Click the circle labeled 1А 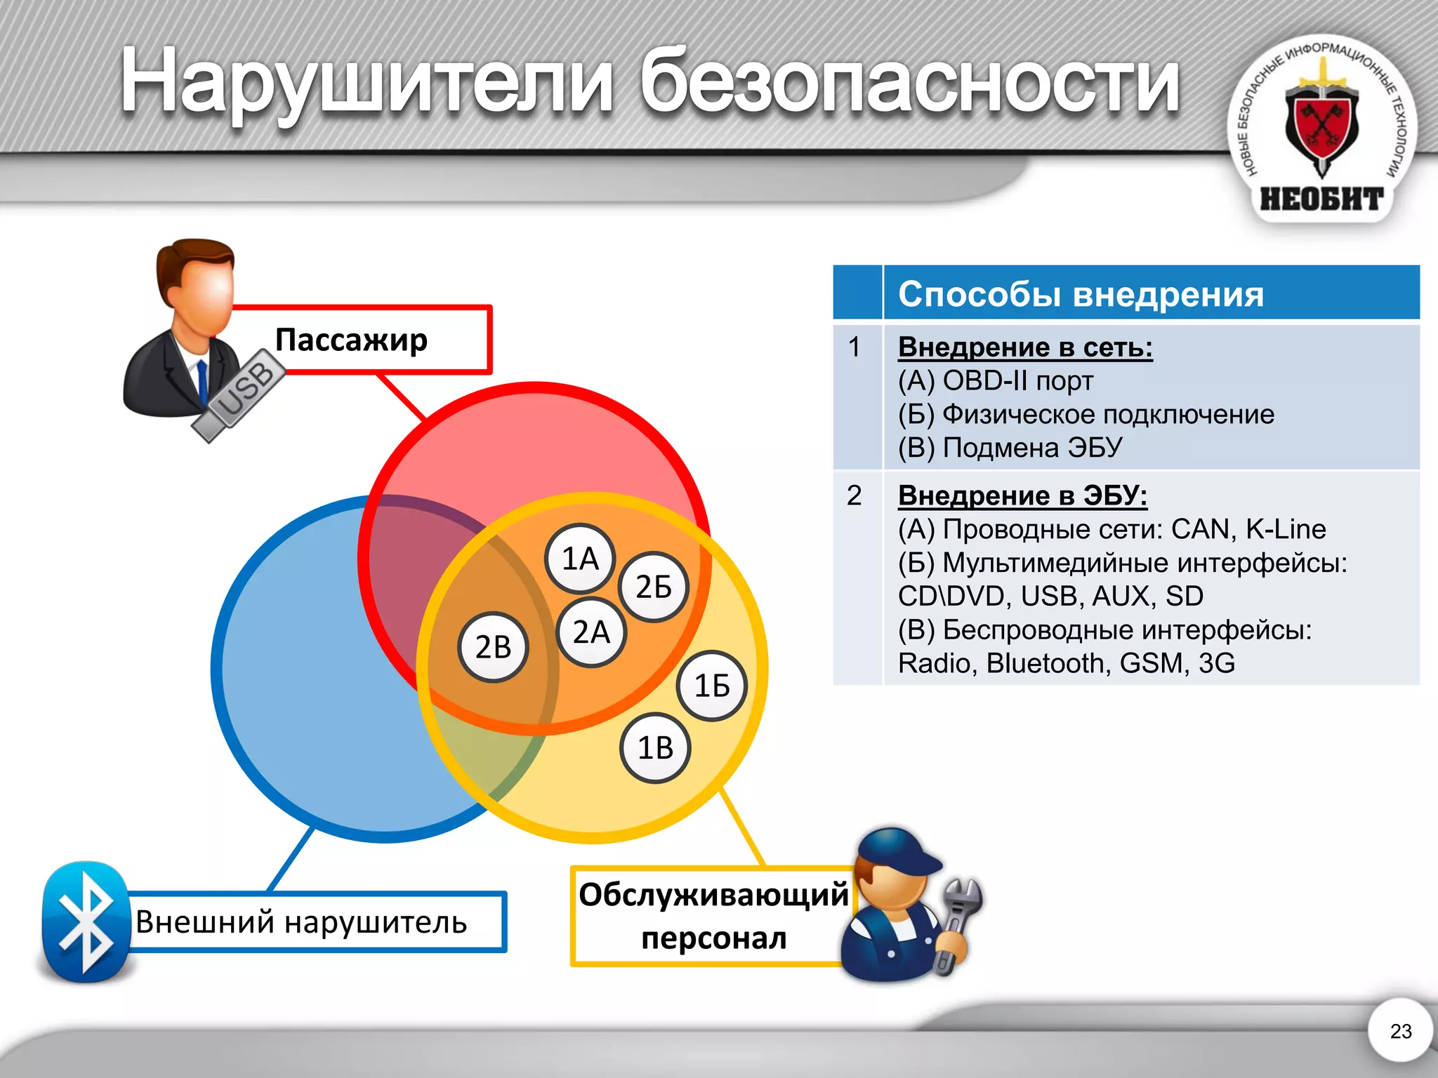(x=580, y=559)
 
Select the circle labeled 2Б (x=654, y=587)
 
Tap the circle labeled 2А (x=591, y=632)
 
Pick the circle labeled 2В (x=493, y=647)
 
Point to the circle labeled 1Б (x=712, y=686)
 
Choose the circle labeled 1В (x=655, y=748)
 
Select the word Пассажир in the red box (x=351, y=340)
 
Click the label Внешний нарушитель (x=301, y=922)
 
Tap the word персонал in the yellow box (x=713, y=938)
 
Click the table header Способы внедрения (x=1081, y=294)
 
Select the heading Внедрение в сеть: (x=1025, y=347)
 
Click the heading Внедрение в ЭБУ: (x=1022, y=495)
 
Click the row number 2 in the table (x=854, y=495)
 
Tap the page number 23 (x=1400, y=1031)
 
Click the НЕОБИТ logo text (x=1321, y=199)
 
